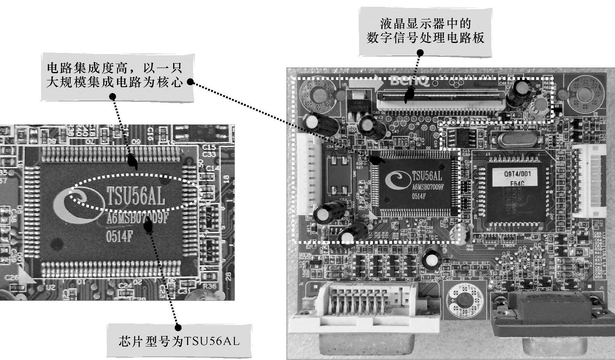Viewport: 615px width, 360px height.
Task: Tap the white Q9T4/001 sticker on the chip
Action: coord(517,178)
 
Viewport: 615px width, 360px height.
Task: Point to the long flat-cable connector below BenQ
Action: coord(440,99)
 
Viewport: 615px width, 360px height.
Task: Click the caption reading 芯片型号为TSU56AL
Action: coord(180,341)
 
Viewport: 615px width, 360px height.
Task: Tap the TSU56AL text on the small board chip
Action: coord(427,175)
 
